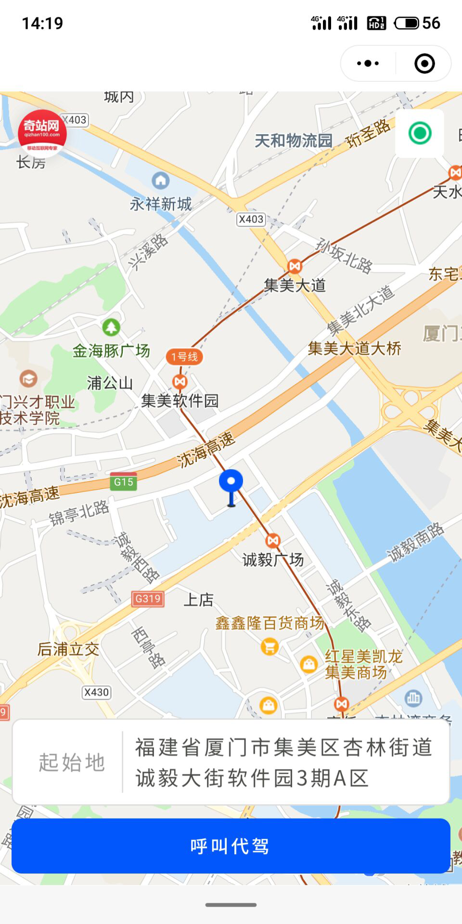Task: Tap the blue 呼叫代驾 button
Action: click(x=231, y=846)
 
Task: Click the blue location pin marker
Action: click(x=231, y=484)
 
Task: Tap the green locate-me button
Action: click(x=420, y=133)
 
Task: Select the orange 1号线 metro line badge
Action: click(x=184, y=357)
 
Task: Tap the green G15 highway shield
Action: click(x=123, y=481)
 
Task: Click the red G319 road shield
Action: click(x=148, y=599)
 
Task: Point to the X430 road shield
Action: click(x=96, y=692)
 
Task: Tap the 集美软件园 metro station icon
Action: click(x=180, y=382)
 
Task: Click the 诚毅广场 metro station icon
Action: click(x=273, y=540)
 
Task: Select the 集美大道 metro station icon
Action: click(x=295, y=266)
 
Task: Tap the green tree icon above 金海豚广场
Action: click(x=111, y=328)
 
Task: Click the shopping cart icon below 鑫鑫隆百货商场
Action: click(x=269, y=646)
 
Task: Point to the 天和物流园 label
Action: click(x=294, y=141)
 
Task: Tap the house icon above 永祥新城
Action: click(x=160, y=181)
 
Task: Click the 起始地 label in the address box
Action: click(x=72, y=762)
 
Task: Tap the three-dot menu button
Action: click(x=368, y=63)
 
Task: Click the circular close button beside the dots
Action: click(x=424, y=63)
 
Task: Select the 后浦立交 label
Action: click(x=68, y=649)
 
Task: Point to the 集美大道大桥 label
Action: click(x=355, y=348)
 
